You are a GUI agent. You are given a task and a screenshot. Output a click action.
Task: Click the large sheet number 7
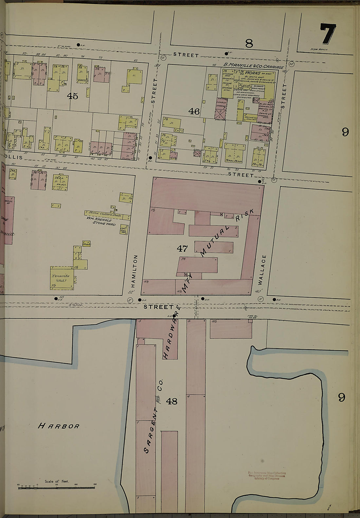click(x=328, y=34)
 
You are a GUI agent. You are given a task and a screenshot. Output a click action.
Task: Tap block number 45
click(x=72, y=96)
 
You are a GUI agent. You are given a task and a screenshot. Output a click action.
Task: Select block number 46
click(x=194, y=112)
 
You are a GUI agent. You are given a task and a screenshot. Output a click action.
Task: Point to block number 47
click(x=182, y=249)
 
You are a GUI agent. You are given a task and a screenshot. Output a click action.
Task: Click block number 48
click(x=171, y=401)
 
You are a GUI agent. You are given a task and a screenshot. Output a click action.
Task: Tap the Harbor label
click(x=59, y=426)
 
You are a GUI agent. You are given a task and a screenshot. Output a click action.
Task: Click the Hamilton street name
click(x=135, y=271)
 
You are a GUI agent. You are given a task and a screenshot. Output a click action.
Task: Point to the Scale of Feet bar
click(x=56, y=487)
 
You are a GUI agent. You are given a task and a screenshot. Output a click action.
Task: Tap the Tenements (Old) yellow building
click(x=62, y=278)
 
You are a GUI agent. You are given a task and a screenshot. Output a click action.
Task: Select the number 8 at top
click(x=249, y=43)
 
